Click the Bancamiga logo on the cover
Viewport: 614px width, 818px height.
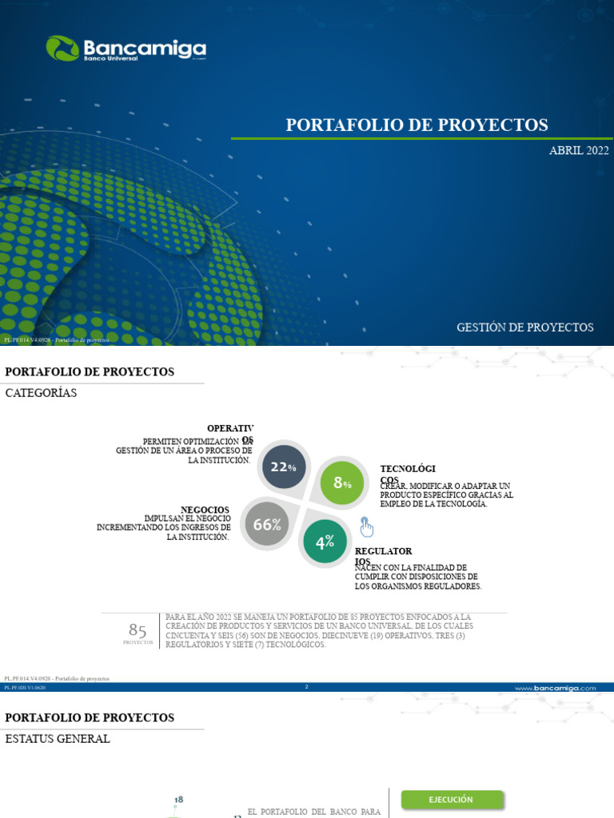[126, 49]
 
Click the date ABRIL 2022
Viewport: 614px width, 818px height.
[579, 151]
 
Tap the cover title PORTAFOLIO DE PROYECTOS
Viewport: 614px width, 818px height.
[417, 125]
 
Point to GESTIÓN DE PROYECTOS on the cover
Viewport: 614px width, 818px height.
[525, 328]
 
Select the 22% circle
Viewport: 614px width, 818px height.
[283, 467]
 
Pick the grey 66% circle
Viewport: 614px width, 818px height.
[267, 525]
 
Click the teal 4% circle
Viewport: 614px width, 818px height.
[325, 542]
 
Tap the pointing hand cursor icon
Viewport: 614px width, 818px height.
[366, 527]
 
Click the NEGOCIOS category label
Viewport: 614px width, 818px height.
[205, 510]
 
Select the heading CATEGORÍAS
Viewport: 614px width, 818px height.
[41, 392]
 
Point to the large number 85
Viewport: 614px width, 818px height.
[138, 630]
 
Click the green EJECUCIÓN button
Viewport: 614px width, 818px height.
[452, 799]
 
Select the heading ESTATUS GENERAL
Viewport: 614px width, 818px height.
[58, 739]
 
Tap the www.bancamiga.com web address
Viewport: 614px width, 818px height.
[556, 687]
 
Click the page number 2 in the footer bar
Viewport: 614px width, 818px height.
[306, 687]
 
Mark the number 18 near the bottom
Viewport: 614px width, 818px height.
[179, 799]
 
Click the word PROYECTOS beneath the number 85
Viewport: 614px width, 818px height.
[138, 642]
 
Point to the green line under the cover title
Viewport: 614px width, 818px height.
[422, 138]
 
